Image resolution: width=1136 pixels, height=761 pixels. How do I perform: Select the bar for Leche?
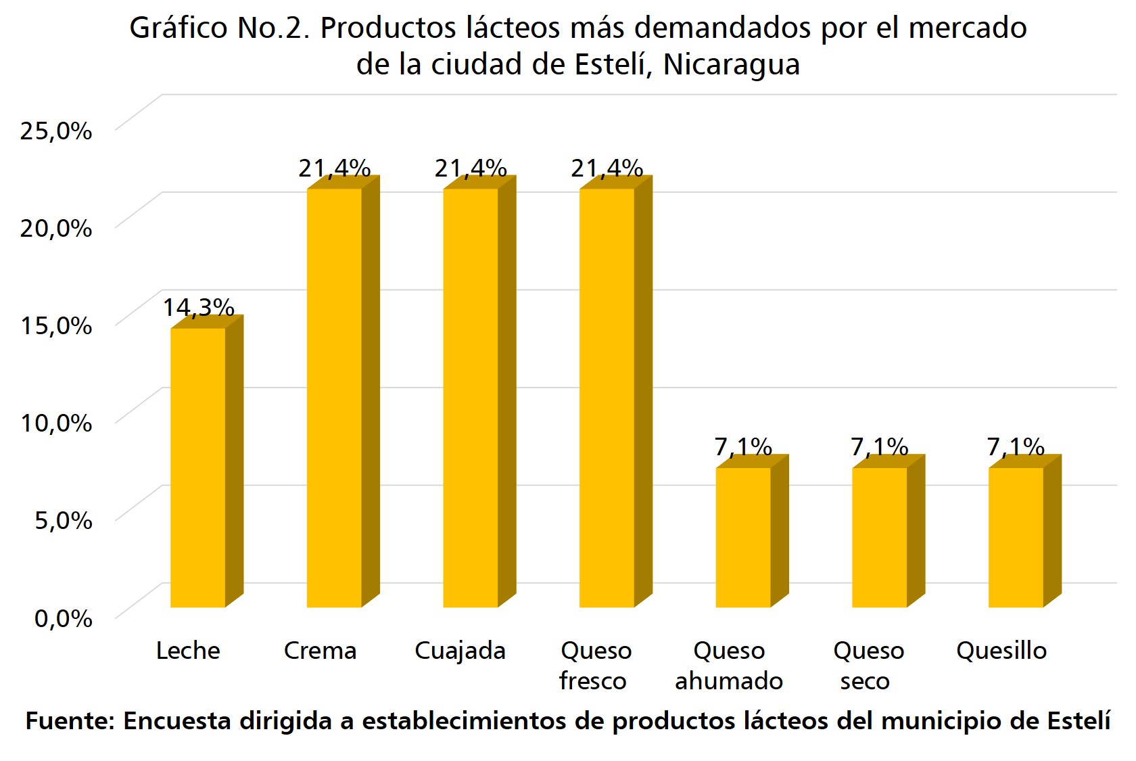pos(197,467)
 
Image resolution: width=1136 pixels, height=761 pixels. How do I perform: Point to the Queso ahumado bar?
pos(743,537)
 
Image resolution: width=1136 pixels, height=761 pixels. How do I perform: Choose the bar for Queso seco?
pos(879,537)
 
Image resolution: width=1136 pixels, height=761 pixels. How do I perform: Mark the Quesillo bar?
pos(1016,537)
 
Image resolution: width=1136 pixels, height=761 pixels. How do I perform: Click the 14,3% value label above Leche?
pos(198,308)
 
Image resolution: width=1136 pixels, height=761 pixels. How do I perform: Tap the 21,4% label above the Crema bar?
pos(334,168)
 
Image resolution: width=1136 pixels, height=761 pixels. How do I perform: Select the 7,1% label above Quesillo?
pos(1016,446)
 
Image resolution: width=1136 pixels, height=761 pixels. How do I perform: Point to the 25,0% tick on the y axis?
pos(56,131)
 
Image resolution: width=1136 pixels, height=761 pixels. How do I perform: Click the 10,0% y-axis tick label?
pos(56,423)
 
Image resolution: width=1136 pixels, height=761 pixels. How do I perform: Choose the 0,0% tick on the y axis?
pos(64,618)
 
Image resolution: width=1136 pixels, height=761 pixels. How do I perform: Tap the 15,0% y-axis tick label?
pos(56,325)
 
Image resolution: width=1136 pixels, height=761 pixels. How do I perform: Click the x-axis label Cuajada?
pos(460,651)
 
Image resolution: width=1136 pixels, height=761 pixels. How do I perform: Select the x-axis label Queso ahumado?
pos(729,666)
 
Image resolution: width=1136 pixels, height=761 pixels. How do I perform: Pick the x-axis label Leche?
pos(188,651)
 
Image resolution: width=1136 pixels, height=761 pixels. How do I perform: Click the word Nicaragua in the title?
pos(732,65)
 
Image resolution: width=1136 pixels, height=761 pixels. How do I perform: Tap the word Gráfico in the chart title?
pos(179,28)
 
